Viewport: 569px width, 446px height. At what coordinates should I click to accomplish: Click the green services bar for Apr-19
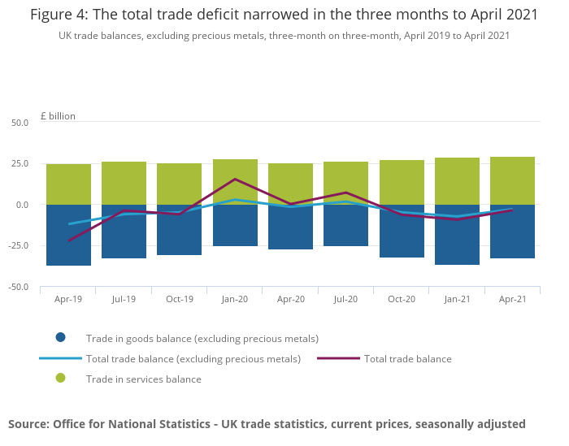click(x=68, y=184)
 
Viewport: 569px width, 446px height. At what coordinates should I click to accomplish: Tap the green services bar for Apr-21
click(x=512, y=180)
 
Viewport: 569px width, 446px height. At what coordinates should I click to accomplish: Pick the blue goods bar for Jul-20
click(x=345, y=225)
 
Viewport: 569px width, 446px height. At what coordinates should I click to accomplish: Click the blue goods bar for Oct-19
click(x=179, y=230)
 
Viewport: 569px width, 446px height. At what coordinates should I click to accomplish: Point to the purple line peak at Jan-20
click(x=235, y=179)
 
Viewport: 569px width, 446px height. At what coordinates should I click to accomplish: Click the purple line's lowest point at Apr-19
click(x=68, y=240)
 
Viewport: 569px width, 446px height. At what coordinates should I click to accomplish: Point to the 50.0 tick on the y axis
click(x=20, y=123)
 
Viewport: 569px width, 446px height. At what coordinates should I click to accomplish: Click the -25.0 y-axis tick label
click(x=18, y=246)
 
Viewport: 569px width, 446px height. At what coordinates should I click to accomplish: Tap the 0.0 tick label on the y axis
click(x=22, y=205)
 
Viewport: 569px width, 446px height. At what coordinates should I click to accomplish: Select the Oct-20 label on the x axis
click(x=402, y=300)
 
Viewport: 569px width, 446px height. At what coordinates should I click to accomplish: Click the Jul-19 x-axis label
click(x=124, y=300)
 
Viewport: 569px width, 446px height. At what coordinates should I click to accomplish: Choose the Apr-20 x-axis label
click(x=290, y=300)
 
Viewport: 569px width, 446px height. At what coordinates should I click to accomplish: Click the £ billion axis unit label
click(x=58, y=116)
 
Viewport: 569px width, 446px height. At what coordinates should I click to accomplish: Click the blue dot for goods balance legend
click(x=60, y=338)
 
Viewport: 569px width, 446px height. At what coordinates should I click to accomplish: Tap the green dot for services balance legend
click(x=60, y=379)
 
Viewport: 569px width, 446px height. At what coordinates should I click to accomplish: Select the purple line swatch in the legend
click(x=337, y=358)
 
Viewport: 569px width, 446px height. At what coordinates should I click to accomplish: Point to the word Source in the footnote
click(x=28, y=423)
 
